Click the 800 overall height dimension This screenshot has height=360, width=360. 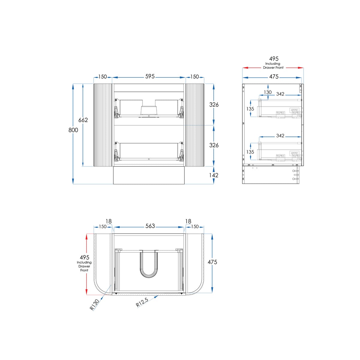[73, 130]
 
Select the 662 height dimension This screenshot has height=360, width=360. [83, 120]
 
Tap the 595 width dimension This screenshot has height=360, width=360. [150, 76]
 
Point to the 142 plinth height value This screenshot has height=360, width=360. [214, 175]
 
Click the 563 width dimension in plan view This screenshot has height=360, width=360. [150, 226]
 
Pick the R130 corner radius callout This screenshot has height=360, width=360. [94, 305]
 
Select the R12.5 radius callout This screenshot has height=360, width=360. [142, 302]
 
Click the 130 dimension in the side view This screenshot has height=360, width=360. [268, 92]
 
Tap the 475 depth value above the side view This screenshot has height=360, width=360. [274, 76]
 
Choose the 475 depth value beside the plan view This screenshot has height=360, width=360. [212, 262]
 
